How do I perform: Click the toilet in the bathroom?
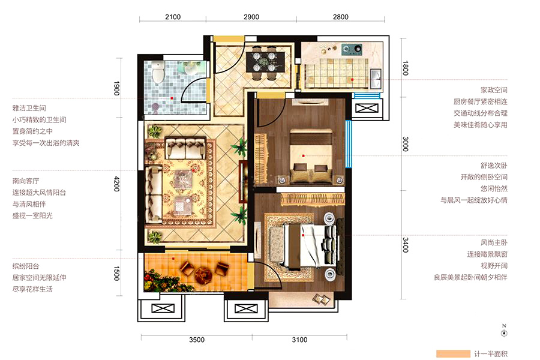[x=158, y=71]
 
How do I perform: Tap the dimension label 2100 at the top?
[x=173, y=17]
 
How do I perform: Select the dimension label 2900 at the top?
[x=251, y=17]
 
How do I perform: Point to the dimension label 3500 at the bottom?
[x=197, y=340]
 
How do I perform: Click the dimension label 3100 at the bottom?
[x=299, y=340]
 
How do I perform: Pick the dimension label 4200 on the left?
[x=117, y=184]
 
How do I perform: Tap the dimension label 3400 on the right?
[x=406, y=245]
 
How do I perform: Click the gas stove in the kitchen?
[x=352, y=49]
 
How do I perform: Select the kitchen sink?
[x=376, y=79]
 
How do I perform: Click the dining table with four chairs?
[x=265, y=62]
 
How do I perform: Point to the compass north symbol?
[x=504, y=331]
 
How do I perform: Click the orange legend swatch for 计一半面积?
[x=453, y=354]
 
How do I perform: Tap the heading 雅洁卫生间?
[x=29, y=108]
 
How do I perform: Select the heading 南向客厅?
[x=26, y=181]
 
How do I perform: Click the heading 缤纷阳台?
[x=26, y=266]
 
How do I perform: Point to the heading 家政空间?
[x=494, y=90]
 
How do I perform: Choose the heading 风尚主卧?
[x=494, y=242]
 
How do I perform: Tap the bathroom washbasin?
[x=190, y=69]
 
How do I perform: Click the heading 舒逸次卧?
[x=494, y=166]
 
